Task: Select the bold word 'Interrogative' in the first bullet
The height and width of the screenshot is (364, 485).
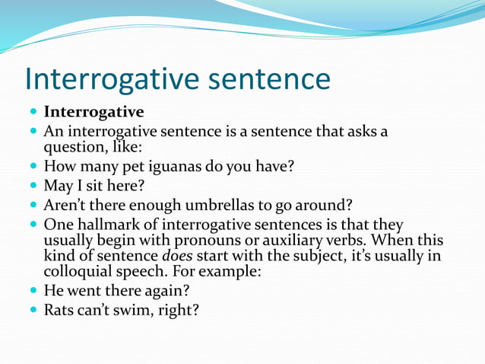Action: click(x=94, y=113)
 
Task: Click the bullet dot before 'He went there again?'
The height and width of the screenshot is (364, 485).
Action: click(x=33, y=290)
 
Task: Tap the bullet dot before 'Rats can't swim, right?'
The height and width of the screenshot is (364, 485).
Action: click(x=33, y=309)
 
